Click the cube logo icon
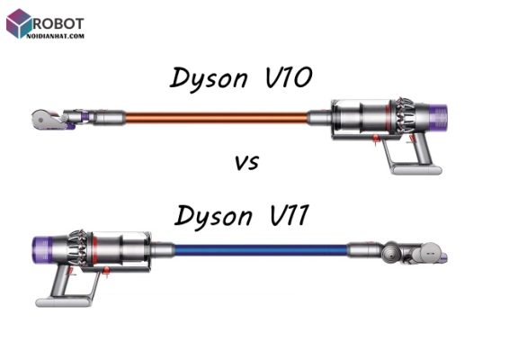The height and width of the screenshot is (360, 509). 19,23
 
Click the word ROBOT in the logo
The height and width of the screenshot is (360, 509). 58,23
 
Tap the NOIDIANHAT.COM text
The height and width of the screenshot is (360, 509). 56,36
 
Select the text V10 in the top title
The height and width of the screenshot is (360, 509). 289,77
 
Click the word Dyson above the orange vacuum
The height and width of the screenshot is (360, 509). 209,79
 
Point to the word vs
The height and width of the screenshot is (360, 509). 247,163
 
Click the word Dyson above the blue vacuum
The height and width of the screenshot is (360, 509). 213,217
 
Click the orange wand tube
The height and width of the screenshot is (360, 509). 216,118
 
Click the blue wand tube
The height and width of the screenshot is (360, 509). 262,250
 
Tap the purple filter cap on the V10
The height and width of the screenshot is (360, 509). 440,115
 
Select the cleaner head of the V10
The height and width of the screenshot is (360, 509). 54,120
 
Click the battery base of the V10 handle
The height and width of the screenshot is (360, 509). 417,169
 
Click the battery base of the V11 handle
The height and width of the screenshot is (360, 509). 63,301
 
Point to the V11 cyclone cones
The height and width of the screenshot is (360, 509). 79,248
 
